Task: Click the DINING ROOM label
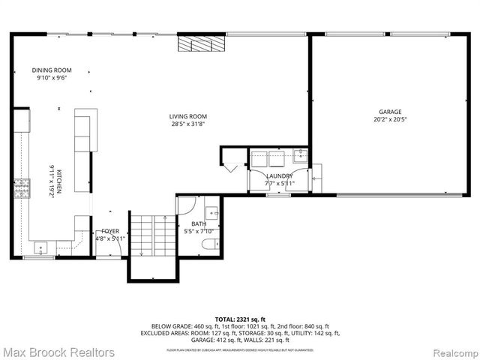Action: tap(52, 70)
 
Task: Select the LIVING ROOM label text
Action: tap(187, 116)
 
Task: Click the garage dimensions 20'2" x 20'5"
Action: tap(390, 118)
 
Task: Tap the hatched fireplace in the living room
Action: tap(201, 44)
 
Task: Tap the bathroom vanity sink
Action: tap(211, 211)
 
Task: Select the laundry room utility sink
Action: tap(300, 157)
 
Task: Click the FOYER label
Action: tap(110, 231)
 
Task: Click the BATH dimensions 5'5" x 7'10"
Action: tap(199, 232)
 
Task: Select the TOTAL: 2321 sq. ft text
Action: tap(239, 319)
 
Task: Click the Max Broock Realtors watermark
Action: tap(58, 351)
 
